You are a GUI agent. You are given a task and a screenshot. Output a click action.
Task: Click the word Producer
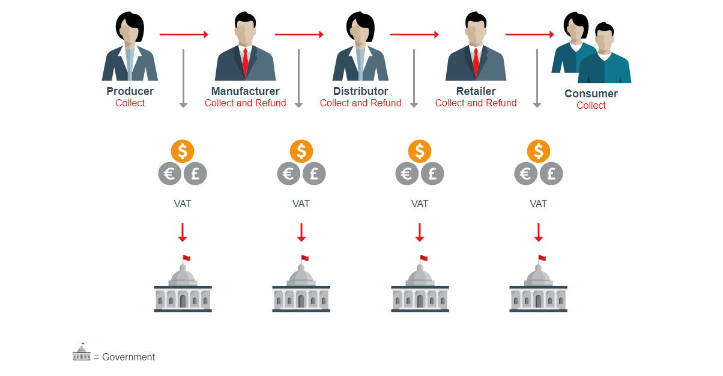[130, 91]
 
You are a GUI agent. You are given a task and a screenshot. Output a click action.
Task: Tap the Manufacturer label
[245, 91]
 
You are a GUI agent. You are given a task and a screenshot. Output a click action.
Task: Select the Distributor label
[360, 91]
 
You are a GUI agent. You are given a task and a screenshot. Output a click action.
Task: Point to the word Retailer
[476, 91]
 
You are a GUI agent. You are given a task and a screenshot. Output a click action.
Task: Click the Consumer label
[591, 94]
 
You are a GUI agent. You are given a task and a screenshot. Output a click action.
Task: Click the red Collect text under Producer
[130, 103]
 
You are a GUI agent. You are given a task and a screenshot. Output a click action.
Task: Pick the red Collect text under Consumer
[591, 105]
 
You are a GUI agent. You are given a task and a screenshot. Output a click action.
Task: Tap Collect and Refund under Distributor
[360, 103]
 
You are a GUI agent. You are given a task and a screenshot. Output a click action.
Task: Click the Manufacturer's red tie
[245, 63]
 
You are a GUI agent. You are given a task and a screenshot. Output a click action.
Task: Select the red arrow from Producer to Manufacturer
[184, 34]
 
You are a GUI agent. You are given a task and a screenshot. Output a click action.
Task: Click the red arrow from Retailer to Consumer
[530, 34]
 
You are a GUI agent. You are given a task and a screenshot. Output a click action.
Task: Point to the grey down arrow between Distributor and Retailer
[414, 79]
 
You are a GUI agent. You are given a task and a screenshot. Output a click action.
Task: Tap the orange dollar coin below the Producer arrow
[183, 151]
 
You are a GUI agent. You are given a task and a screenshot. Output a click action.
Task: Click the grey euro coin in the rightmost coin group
[526, 174]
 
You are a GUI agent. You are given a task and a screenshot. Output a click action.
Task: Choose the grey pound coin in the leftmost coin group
[195, 174]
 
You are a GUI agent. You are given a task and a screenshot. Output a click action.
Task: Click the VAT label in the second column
[301, 204]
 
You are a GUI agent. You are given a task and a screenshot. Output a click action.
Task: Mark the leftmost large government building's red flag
[187, 258]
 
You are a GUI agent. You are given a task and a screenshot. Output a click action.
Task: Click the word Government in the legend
[129, 357]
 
